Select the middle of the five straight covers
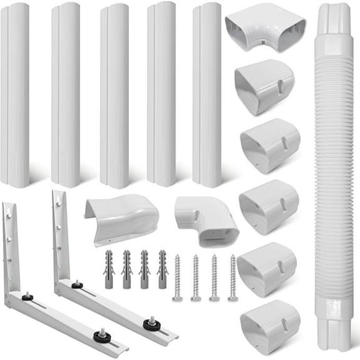pyautogui.click(x=114, y=94)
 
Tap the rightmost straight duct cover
pyautogui.click(x=207, y=94)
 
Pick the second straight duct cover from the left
pyautogui.click(x=65, y=94)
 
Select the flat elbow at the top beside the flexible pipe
pyautogui.click(x=264, y=28)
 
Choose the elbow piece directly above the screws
pyautogui.click(x=207, y=219)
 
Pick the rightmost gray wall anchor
pyautogui.click(x=163, y=269)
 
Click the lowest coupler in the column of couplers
pyautogui.click(x=269, y=326)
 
